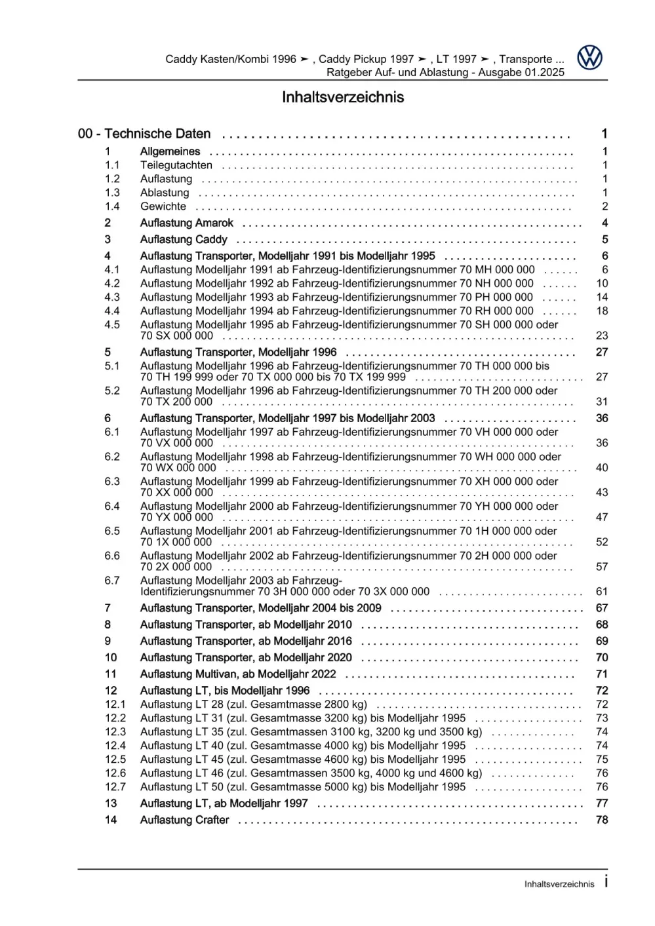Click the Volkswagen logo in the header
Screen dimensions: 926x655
pos(589,58)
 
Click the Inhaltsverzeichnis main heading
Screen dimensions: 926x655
pos(342,97)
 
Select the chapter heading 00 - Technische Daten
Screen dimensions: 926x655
pos(144,134)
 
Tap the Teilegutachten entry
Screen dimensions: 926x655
pos(176,165)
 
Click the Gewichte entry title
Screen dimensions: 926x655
pos(163,206)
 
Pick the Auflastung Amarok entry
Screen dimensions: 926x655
pos(186,223)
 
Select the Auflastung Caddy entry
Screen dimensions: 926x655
pos(184,239)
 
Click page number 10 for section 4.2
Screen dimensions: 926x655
pos(602,284)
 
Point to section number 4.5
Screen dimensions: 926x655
pos(112,325)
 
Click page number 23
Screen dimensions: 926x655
pos(602,336)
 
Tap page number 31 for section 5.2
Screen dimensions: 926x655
pos(602,402)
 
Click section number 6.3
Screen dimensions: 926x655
pos(112,482)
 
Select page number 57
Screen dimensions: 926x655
pos(602,567)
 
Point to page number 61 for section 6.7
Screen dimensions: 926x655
pos(602,592)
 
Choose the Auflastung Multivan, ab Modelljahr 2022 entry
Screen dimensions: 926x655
pos(237,674)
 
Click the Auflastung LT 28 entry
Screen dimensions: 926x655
pos(253,704)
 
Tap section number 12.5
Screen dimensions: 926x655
pos(115,760)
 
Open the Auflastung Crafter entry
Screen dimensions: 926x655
pos(184,820)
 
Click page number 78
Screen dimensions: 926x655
pos(602,820)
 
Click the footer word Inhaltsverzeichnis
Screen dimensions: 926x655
pos(559,884)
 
